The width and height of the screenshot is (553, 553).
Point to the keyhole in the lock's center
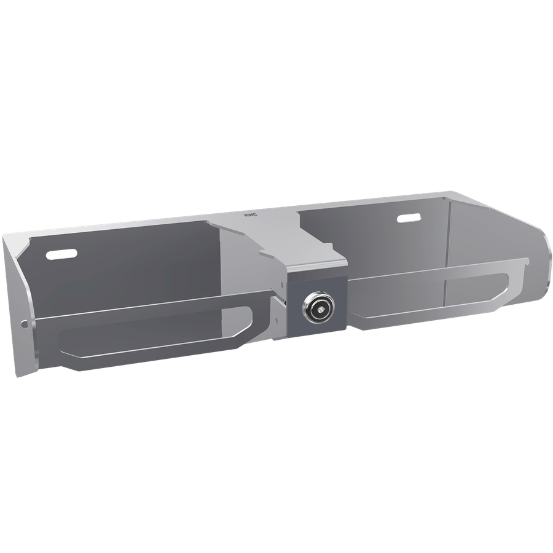tap(318, 309)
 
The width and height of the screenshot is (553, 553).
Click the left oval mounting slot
tap(62, 254)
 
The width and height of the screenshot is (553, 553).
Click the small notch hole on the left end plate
tap(24, 323)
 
